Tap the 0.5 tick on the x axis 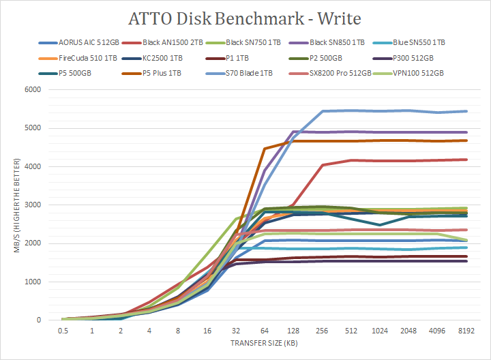[x=63, y=331]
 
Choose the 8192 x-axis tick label [x=466, y=331]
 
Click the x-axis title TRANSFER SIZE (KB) [x=264, y=343]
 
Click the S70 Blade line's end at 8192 [x=466, y=111]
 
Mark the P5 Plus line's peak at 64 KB [x=264, y=148]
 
